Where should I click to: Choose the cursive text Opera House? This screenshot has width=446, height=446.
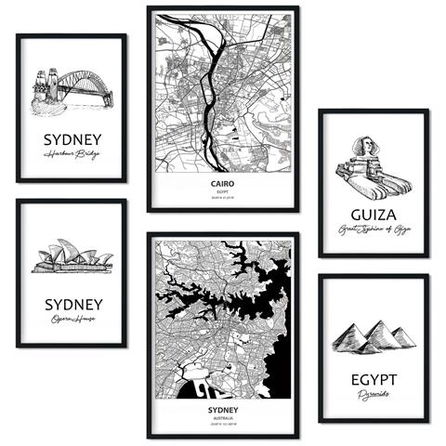71,321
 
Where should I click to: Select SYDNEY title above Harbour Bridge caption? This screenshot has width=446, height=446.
71,140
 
